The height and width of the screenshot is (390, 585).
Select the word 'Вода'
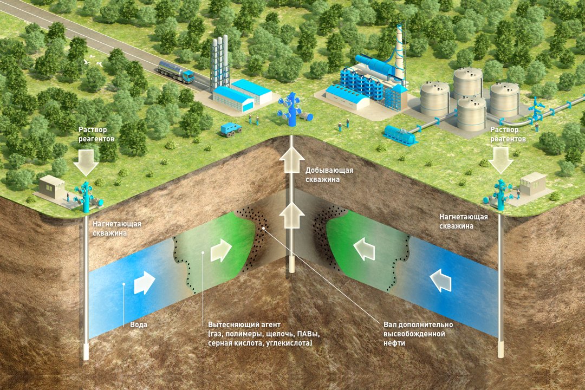pos(139,325)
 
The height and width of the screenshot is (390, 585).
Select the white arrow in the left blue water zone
pos(145,282)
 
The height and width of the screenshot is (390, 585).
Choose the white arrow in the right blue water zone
pos(441,281)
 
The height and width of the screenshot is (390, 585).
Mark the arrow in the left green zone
pos(221,251)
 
